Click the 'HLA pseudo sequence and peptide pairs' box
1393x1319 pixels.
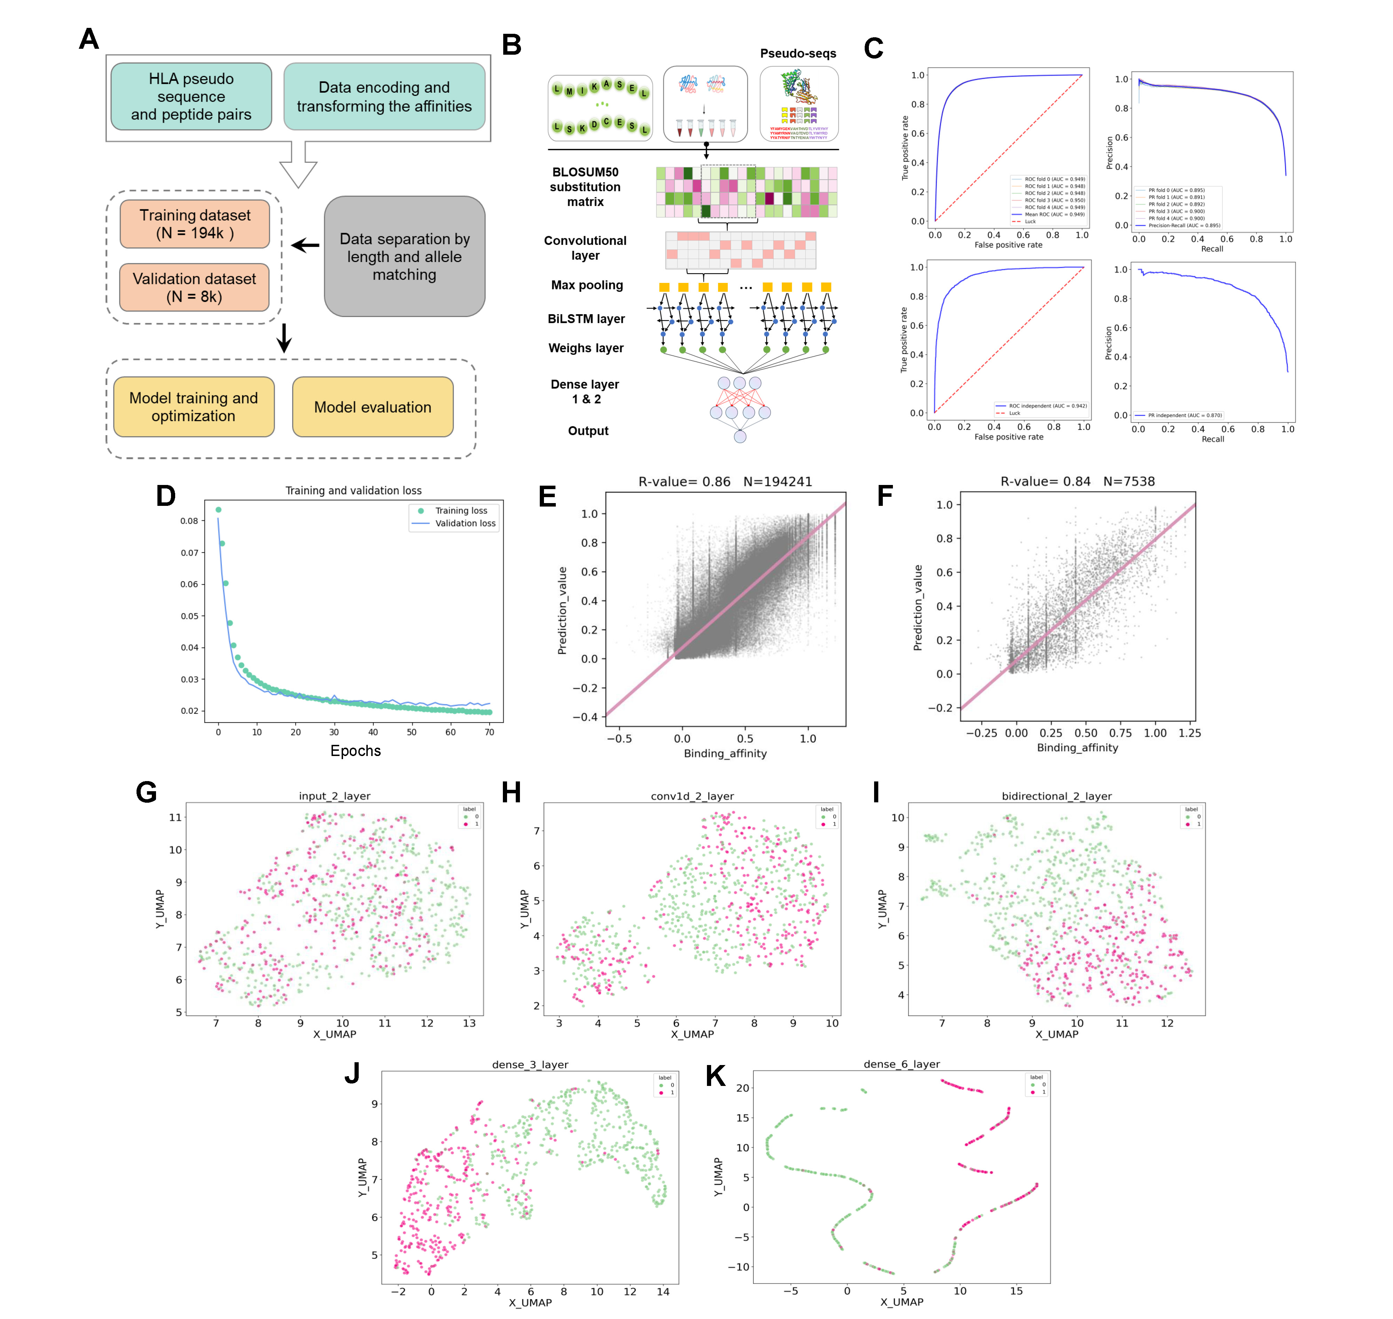point(191,96)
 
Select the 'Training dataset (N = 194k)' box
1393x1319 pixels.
point(195,224)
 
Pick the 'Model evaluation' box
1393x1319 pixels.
point(373,407)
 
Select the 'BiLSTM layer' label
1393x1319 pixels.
point(586,318)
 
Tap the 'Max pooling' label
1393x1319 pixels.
point(587,285)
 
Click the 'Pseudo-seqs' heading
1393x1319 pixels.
point(798,53)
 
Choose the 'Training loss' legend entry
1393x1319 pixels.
point(460,510)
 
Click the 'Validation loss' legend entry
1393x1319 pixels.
point(465,523)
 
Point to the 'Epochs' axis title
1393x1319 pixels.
point(356,751)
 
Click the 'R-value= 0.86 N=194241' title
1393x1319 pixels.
point(725,481)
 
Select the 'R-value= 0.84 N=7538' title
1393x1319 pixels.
point(1077,481)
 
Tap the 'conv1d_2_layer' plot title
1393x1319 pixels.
point(692,796)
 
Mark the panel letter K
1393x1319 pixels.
point(715,1076)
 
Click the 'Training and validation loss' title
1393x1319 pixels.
point(353,491)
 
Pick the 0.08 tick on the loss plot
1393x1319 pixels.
point(189,521)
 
